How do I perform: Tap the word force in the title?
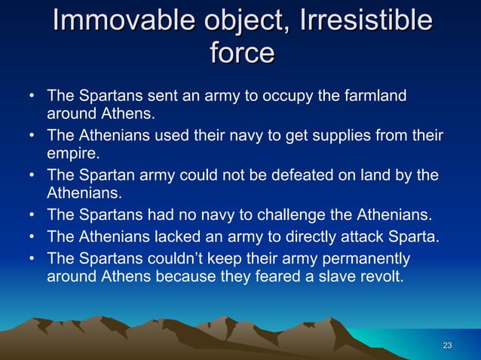(x=240, y=53)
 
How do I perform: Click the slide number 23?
(x=447, y=346)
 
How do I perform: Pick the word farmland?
(x=375, y=96)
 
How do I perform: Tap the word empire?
(x=72, y=155)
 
